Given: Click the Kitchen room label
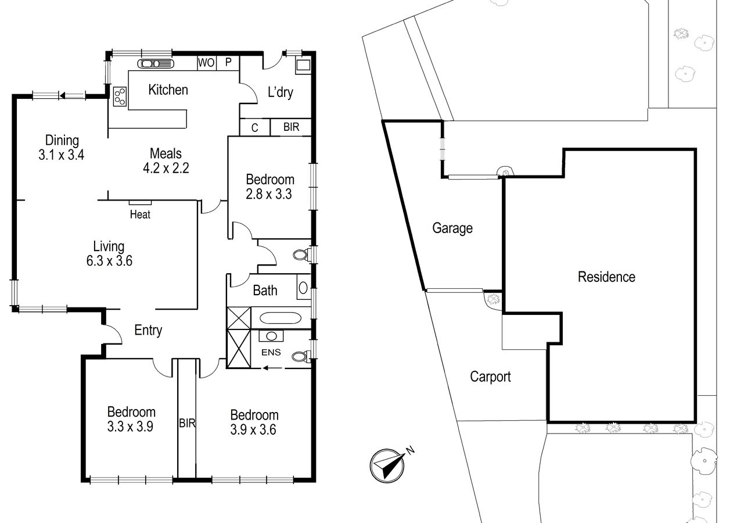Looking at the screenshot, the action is tap(168, 90).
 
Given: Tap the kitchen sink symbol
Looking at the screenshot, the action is tap(156, 64).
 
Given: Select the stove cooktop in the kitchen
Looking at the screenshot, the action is tap(120, 96).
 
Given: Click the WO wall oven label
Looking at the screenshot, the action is tap(206, 63).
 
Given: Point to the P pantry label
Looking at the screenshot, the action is tap(228, 62).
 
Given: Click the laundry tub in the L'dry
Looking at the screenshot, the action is tap(303, 65).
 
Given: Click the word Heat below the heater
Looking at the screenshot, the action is tap(140, 214).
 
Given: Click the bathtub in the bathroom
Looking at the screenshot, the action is tap(281, 318).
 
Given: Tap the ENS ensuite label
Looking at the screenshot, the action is tap(271, 352).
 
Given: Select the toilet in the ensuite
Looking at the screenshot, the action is tap(301, 356).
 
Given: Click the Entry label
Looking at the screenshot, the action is tap(148, 330).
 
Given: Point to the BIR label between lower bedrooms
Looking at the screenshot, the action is tap(187, 423).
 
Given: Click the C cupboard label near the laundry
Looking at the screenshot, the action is tap(254, 128).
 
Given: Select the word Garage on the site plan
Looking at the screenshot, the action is tap(452, 228).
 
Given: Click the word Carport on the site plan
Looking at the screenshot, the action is tap(490, 377).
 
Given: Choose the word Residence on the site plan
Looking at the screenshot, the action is tap(606, 277).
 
